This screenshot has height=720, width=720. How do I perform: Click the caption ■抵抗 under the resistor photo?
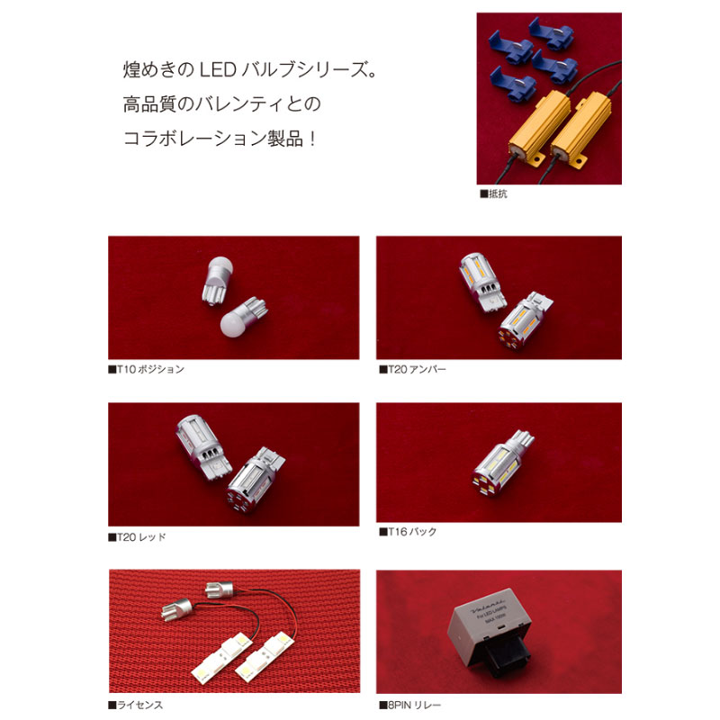click(x=494, y=193)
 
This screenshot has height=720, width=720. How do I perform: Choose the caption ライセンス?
click(x=136, y=705)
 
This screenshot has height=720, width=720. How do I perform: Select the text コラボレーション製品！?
click(x=220, y=141)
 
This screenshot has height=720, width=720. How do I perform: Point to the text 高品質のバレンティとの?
click(x=221, y=105)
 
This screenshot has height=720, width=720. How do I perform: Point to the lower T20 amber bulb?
click(x=519, y=320)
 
